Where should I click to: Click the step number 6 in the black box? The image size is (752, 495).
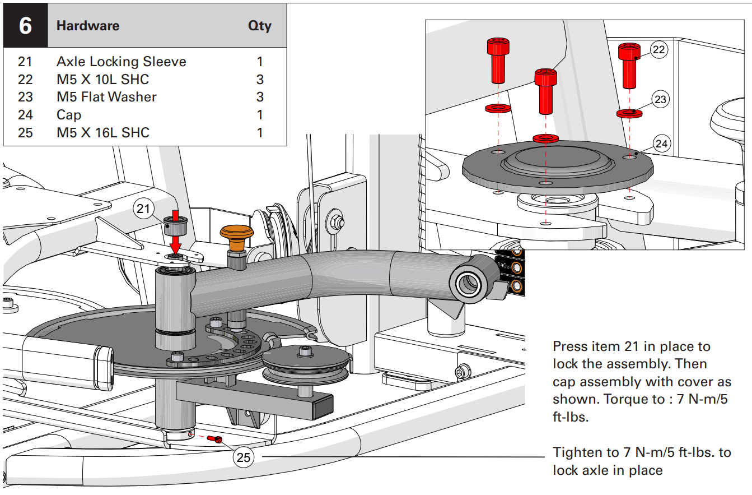click(x=25, y=26)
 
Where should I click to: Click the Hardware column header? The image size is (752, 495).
click(x=88, y=26)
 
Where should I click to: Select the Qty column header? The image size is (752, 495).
click(x=259, y=26)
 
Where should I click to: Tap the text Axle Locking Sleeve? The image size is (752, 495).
click(x=121, y=61)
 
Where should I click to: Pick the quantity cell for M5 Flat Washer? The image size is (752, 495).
click(x=259, y=97)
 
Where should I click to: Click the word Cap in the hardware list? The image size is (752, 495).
click(x=69, y=115)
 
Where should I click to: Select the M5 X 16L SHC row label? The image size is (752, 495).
click(x=102, y=133)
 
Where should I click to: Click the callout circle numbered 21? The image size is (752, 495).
click(x=144, y=209)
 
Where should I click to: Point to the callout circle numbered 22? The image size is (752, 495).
click(x=659, y=49)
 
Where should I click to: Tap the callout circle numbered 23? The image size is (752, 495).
click(x=661, y=99)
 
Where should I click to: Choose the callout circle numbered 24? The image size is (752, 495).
click(x=661, y=144)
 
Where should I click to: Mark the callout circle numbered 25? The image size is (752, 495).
click(x=244, y=457)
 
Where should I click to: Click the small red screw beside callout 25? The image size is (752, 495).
click(x=214, y=438)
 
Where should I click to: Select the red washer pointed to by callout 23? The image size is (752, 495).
click(x=629, y=113)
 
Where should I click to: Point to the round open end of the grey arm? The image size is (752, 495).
click(x=466, y=284)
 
